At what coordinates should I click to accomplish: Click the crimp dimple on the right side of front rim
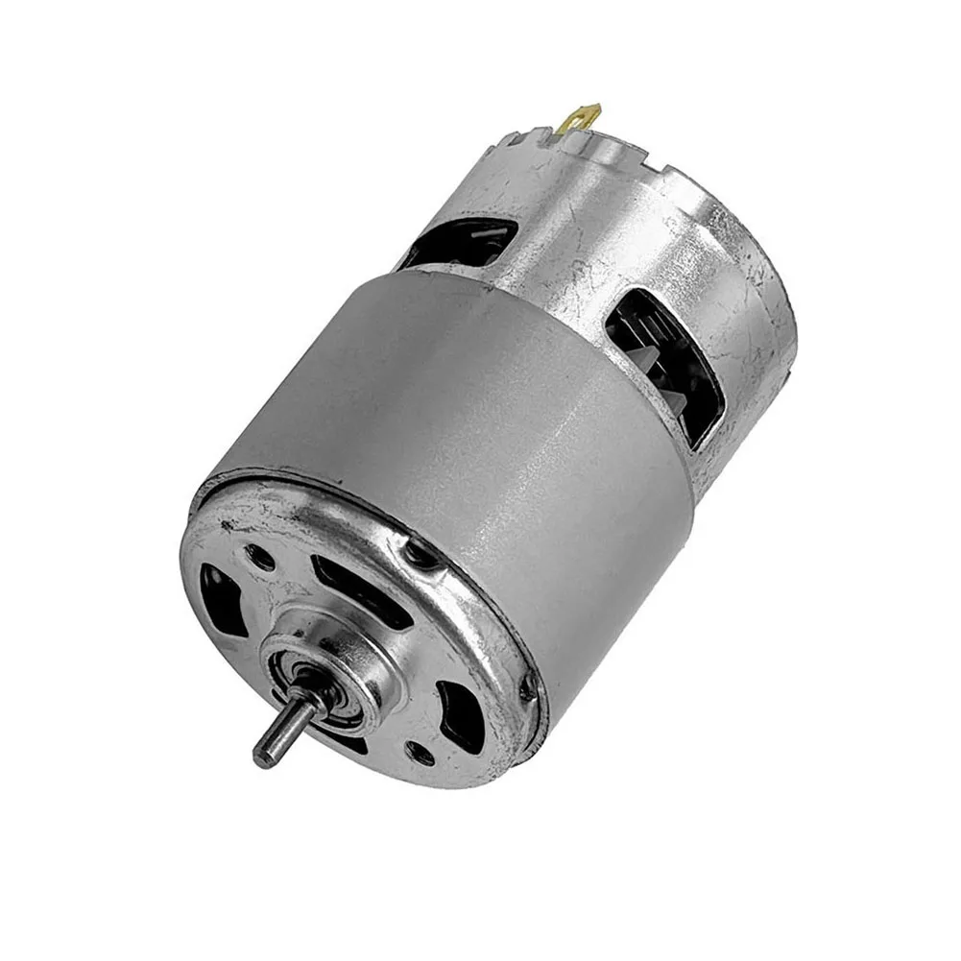pyautogui.click(x=526, y=687)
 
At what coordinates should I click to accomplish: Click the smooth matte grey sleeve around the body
pyautogui.click(x=461, y=403)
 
